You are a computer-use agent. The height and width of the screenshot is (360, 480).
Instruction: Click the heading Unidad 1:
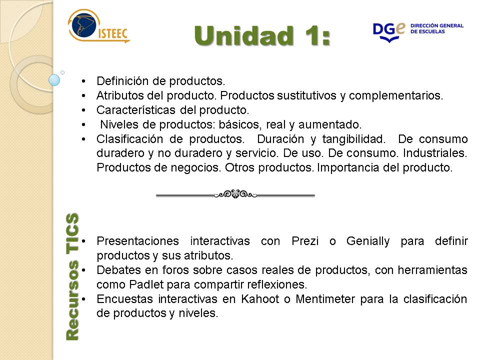pyautogui.click(x=262, y=36)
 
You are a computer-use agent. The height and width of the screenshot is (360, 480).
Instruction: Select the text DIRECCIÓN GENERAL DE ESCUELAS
pyautogui.click(x=437, y=28)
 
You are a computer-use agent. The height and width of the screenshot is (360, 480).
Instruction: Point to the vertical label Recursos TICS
pyautogui.click(x=72, y=276)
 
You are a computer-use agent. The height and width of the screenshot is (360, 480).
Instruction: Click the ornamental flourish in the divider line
pyautogui.click(x=235, y=194)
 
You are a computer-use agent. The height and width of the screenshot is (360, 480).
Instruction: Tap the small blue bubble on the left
pyautogui.click(x=54, y=80)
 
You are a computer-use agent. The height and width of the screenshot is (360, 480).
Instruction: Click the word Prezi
pyautogui.click(x=305, y=241)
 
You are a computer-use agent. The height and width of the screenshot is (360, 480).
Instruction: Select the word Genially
pyautogui.click(x=368, y=241)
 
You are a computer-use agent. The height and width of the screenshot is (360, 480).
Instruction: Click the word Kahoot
pyautogui.click(x=260, y=299)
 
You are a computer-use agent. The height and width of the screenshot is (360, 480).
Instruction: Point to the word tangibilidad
pyautogui.click(x=353, y=139)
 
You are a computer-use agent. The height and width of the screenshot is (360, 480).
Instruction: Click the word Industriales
pyautogui.click(x=435, y=153)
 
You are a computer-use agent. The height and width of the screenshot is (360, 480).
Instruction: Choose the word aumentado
pyautogui.click(x=330, y=124)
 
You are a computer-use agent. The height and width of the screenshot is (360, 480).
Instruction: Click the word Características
pyautogui.click(x=136, y=110)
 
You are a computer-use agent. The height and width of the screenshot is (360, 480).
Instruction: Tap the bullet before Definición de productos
pyautogui.click(x=83, y=81)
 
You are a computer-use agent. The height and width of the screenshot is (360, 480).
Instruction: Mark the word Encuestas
pyautogui.click(x=124, y=299)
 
